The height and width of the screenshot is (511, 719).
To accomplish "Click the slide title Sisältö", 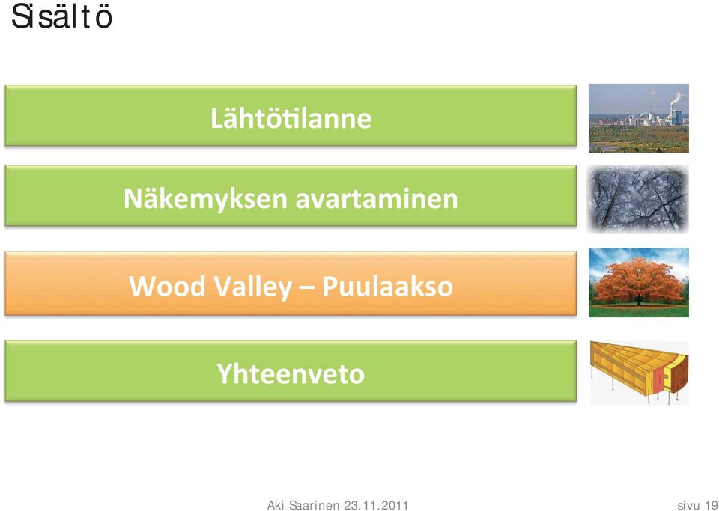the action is pyautogui.click(x=62, y=17).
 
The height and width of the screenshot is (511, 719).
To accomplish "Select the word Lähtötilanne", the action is pyautogui.click(x=291, y=118).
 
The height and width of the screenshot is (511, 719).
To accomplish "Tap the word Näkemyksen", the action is pyautogui.click(x=205, y=200).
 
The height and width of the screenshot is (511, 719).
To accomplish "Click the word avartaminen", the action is pyautogui.click(x=377, y=200).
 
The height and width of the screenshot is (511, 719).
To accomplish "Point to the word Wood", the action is pyautogui.click(x=167, y=287).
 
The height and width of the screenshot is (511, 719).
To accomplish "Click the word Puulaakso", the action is pyautogui.click(x=387, y=287).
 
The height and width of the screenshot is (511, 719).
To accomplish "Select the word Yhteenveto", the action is pyautogui.click(x=291, y=373).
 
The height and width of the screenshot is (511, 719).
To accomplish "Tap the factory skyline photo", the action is pyautogui.click(x=639, y=118).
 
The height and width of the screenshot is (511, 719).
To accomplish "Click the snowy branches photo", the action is pyautogui.click(x=638, y=200).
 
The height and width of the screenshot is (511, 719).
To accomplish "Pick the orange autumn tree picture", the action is pyautogui.click(x=639, y=283).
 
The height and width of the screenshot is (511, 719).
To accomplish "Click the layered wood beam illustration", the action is pyautogui.click(x=639, y=373).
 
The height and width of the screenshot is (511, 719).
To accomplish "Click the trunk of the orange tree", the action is pyautogui.click(x=638, y=300).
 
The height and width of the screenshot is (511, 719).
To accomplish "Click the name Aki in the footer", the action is pyautogui.click(x=276, y=505).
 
